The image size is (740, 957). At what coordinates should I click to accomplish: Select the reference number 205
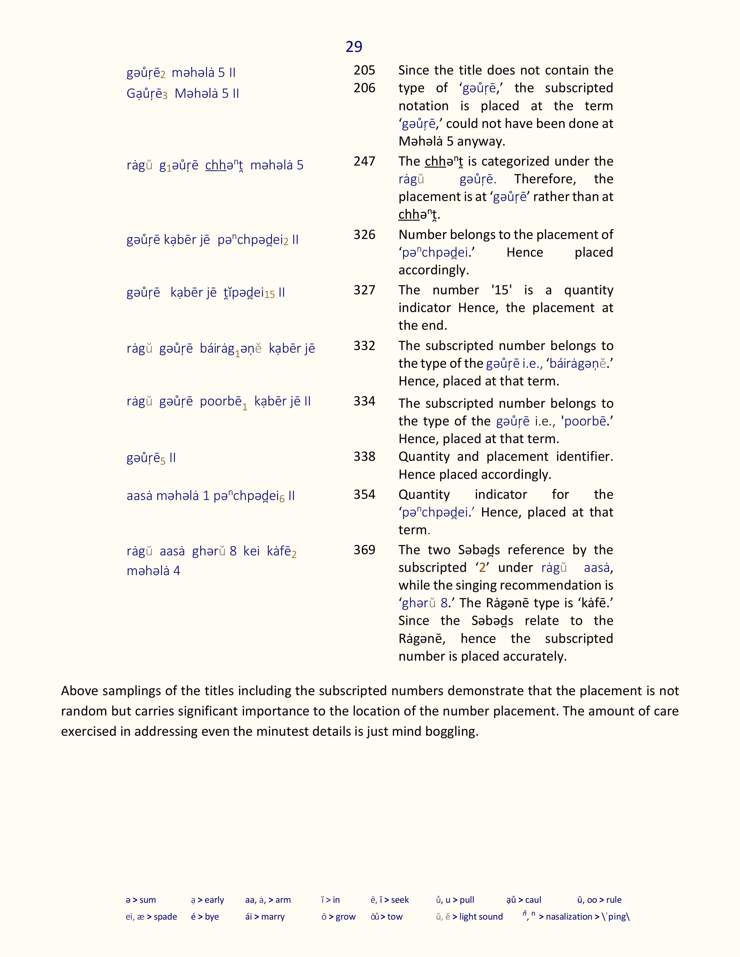[364, 70]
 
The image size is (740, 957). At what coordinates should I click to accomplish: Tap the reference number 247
[364, 161]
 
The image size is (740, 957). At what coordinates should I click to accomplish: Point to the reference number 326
[364, 234]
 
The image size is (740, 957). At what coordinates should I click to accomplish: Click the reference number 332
[364, 346]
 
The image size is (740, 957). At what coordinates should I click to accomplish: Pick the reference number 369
[364, 550]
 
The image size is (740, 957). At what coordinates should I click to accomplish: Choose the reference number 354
[364, 495]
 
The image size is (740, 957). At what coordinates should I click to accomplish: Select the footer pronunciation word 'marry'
[273, 917]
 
